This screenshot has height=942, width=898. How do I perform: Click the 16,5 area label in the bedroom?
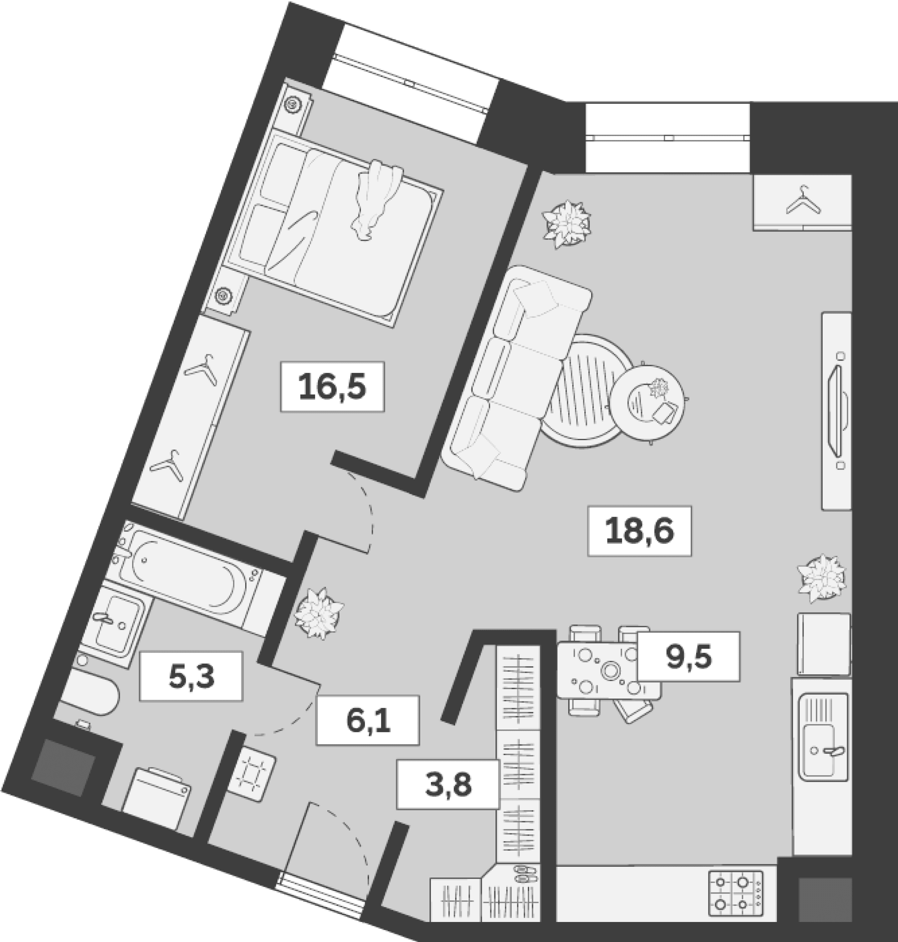332,387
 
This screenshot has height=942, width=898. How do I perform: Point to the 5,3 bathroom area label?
191,676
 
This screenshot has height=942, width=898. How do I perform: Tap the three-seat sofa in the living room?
516,378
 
